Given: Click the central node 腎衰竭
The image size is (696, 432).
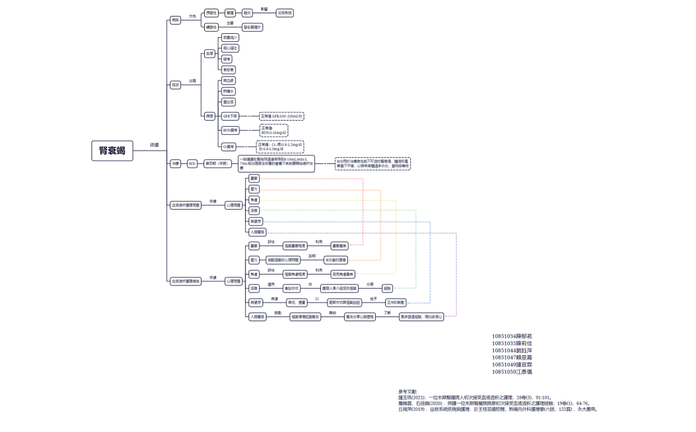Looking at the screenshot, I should coord(112,151).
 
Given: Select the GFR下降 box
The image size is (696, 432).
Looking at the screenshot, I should coord(230,116).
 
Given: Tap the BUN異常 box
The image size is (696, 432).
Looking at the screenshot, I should coord(230,130).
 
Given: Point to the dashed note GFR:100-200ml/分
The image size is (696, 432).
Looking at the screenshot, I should coord(281,116).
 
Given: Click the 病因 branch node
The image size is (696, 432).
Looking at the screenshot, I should coord(175,20).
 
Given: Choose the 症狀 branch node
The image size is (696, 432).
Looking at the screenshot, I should coord(175,85).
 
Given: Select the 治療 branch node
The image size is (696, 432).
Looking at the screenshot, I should coord(175,163).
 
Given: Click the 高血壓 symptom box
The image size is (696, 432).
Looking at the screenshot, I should coord(228,80).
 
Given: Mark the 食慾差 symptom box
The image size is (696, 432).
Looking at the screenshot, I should coord(228,69).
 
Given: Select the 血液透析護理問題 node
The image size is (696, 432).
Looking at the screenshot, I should coord(186,205).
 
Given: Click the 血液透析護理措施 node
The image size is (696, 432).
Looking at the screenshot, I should coord(186,281).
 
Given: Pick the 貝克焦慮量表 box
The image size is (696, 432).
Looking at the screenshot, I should coord(343,273).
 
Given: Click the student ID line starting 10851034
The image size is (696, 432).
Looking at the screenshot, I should coord(512,336).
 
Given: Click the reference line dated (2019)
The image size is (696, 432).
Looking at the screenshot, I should coord(497,409).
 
